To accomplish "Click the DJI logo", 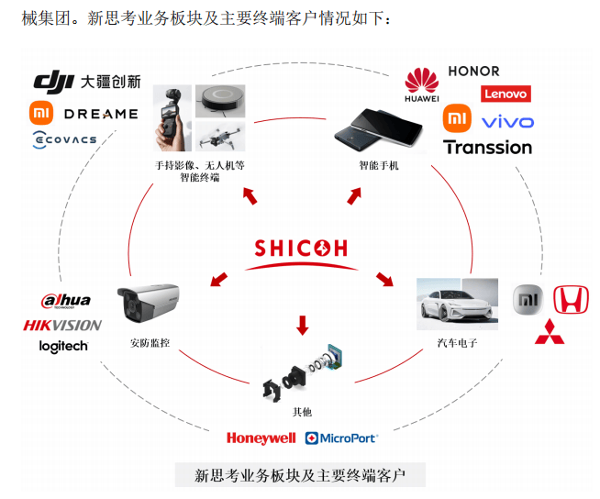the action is [53, 82].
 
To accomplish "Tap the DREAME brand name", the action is [101, 114].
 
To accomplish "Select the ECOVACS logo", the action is [64, 139].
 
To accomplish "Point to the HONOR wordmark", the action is [473, 72].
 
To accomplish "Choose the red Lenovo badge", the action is [506, 94].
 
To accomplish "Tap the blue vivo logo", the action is [507, 122].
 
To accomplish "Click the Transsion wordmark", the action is [487, 148].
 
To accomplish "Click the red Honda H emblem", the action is [571, 299].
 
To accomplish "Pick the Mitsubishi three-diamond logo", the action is [550, 331].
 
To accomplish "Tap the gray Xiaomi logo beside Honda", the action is [528, 300].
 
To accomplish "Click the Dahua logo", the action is [66, 300].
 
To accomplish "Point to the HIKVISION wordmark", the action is [62, 326].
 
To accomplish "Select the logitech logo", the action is [63, 347].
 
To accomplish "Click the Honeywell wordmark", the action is [261, 438].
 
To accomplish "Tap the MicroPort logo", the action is [341, 438].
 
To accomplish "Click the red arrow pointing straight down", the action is [303, 326].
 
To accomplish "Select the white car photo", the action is [457, 304].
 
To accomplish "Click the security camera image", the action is [148, 303].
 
